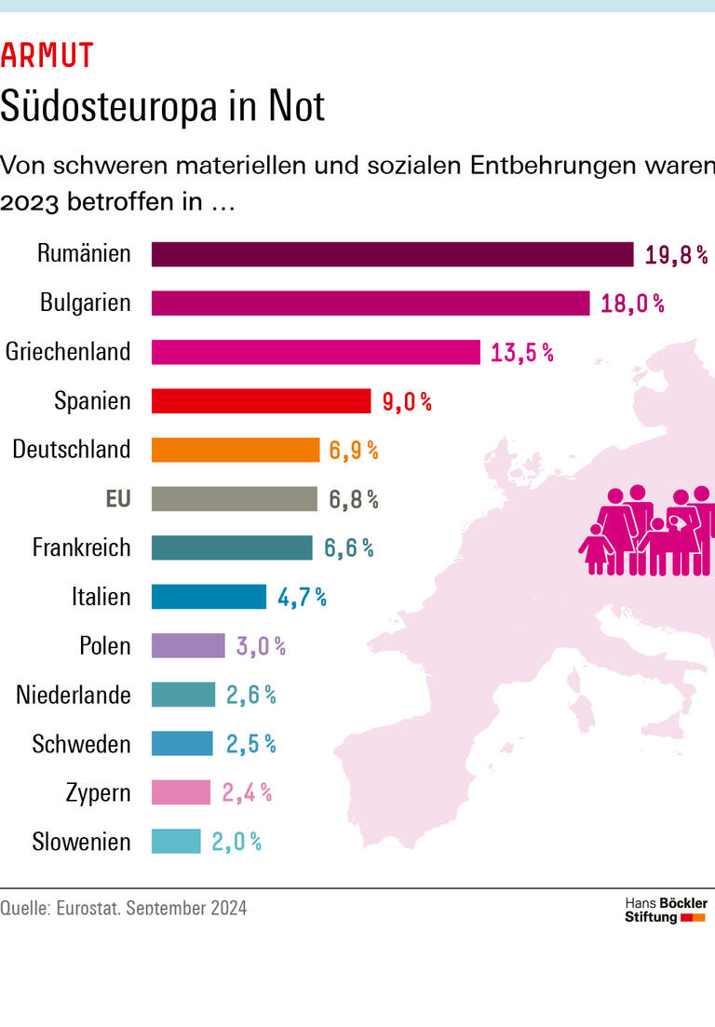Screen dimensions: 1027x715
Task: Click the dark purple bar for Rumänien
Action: [392, 254]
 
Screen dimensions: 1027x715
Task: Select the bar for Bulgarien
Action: [371, 304]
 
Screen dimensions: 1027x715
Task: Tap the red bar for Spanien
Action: [261, 401]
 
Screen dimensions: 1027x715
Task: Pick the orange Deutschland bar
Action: [236, 450]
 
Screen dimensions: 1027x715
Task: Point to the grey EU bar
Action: [235, 499]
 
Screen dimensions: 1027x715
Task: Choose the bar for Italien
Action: [209, 597]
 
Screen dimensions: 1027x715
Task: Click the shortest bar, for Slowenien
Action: [176, 842]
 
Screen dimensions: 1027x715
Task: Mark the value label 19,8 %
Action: [677, 255]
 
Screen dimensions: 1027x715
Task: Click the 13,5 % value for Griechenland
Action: [522, 353]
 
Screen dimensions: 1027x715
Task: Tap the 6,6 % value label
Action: [349, 548]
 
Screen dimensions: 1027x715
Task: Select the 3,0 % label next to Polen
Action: [261, 646]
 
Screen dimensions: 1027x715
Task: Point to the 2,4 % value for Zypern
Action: [247, 793]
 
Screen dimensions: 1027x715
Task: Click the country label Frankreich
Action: [82, 547]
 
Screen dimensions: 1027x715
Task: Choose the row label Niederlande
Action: [74, 695]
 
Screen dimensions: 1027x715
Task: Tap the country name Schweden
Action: [82, 744]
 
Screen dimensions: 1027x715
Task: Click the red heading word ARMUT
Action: [47, 57]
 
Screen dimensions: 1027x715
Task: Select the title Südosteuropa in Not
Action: [163, 106]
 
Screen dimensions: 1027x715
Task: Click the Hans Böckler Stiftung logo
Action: [666, 910]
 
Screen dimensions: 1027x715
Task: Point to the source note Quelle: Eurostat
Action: [124, 908]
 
